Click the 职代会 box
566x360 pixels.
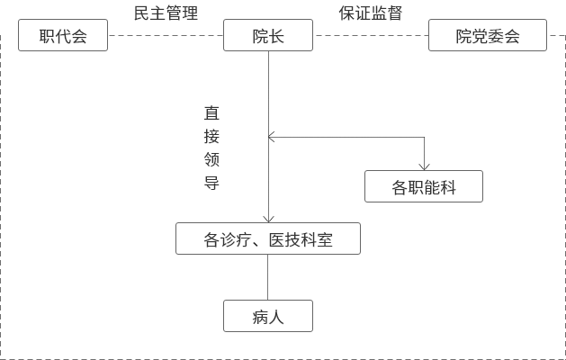(x=63, y=38)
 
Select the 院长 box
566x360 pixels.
(x=268, y=38)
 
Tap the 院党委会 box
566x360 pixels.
(x=488, y=38)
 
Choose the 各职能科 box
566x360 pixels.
(x=424, y=186)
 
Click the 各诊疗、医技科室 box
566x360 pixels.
(x=268, y=239)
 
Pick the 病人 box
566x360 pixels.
(x=268, y=316)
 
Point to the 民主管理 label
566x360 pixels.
(x=166, y=13)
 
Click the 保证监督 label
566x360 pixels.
(x=370, y=13)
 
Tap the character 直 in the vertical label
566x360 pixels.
(x=211, y=114)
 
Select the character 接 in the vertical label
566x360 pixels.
(x=211, y=138)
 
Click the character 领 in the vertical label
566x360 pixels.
(x=211, y=160)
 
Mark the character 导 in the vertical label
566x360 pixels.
(x=211, y=184)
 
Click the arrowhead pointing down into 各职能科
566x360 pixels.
(x=424, y=166)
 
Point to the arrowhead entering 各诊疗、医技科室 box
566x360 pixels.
(x=268, y=219)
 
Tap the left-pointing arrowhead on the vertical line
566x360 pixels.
(x=272, y=138)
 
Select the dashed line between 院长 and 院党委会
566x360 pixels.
(x=370, y=37)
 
